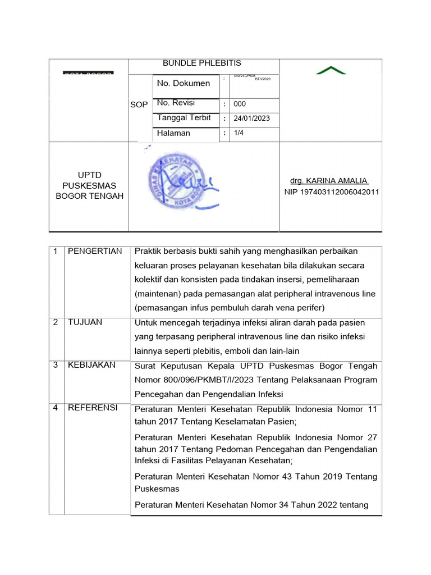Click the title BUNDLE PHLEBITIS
point(202,63)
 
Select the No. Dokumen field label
point(184,83)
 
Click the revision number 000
point(240,104)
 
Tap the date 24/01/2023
point(252,118)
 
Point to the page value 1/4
point(239,133)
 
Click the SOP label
point(139,105)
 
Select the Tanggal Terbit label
point(184,118)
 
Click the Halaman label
point(173,133)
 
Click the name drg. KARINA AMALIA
point(329,180)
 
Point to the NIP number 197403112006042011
point(332,192)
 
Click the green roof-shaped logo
point(331,70)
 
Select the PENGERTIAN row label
point(95,251)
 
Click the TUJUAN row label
point(85,322)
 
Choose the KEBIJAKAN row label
point(91,365)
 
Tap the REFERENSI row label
point(93,408)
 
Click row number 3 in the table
point(56,365)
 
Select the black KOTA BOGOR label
point(88,73)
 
